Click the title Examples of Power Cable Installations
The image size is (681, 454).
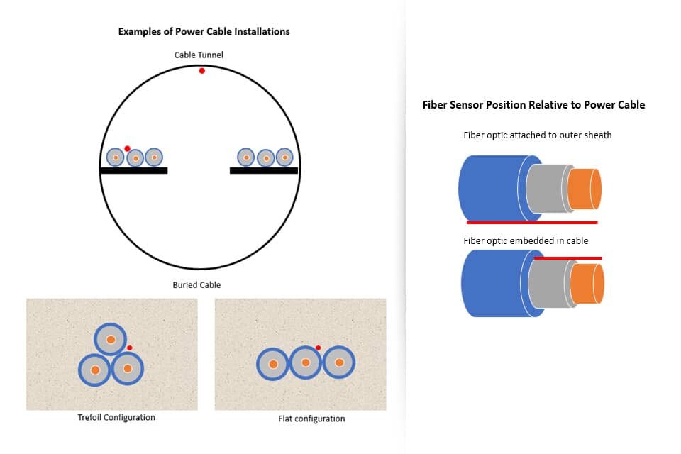204,31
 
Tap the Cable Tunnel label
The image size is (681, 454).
199,55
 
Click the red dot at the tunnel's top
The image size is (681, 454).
202,71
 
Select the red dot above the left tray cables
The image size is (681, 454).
127,148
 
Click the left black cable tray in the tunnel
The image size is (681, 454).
133,170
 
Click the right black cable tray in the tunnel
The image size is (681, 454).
264,170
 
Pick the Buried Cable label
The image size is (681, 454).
196,285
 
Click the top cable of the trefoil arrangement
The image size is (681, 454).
111,340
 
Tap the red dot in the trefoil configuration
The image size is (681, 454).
129,348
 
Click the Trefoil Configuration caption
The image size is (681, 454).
116,417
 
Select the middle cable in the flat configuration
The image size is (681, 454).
306,362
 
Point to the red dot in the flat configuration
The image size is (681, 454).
318,348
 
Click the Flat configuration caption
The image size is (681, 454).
311,419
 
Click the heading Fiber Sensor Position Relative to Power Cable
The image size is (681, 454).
533,105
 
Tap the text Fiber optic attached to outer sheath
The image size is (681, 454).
537,135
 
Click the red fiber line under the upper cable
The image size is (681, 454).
532,222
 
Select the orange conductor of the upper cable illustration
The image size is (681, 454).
585,189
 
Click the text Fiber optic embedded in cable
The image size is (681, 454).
526,241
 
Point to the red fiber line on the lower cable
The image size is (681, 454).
567,258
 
